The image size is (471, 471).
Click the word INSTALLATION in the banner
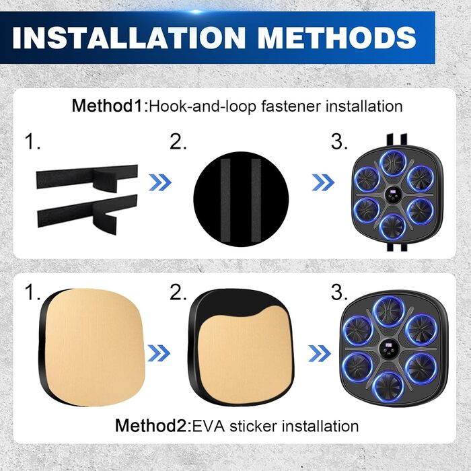click(129, 38)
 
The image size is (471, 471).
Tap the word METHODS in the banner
click(337, 38)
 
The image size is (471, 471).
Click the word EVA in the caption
click(208, 426)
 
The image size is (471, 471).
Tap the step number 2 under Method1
click(178, 142)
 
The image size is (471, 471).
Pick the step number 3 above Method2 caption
click(339, 291)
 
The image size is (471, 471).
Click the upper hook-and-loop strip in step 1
click(87, 178)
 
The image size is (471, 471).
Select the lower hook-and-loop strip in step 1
click(87, 213)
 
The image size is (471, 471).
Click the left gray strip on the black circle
click(225, 200)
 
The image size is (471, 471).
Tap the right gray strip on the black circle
click(256, 200)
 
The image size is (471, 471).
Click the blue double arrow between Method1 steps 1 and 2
click(160, 182)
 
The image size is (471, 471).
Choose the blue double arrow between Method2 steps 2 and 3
click(320, 353)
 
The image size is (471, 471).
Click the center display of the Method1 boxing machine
click(393, 196)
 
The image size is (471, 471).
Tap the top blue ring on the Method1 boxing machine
click(393, 164)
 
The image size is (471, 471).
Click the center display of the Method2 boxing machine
click(389, 349)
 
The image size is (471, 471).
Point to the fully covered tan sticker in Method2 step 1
click(96, 347)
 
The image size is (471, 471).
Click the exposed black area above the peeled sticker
click(238, 302)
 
